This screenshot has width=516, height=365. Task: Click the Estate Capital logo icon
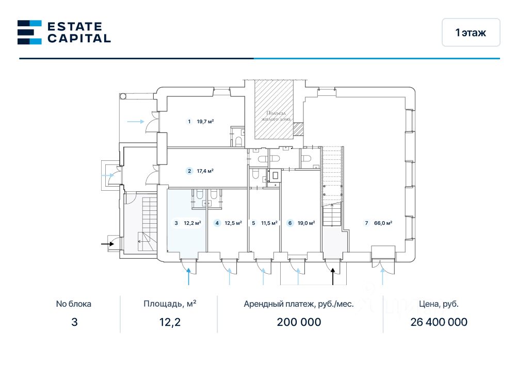pos(29,32)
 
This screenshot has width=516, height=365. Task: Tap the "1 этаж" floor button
pos(471,32)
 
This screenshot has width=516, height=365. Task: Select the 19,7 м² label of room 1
pos(205,122)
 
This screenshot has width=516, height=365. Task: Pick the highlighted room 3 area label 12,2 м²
pos(192,223)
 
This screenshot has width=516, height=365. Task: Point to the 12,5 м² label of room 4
pos(233,223)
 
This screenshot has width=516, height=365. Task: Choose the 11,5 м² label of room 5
pos(269,223)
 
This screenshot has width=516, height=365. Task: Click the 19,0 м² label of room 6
pos(305,223)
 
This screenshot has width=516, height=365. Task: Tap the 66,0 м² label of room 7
pos(382,223)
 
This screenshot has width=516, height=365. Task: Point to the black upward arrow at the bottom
pos(333,276)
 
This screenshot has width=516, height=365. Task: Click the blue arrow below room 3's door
pos(189,277)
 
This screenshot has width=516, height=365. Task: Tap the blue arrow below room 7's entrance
pos(382,277)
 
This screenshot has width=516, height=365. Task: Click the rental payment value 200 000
pos(299,322)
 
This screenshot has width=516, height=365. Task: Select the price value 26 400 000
pos(439,322)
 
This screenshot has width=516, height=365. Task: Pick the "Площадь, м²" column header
pos(170,304)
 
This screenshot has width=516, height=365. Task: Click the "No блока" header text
pos(74,304)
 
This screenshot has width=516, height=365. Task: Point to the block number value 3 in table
pos(74,322)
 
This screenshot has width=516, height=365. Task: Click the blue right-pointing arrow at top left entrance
pos(136,122)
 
